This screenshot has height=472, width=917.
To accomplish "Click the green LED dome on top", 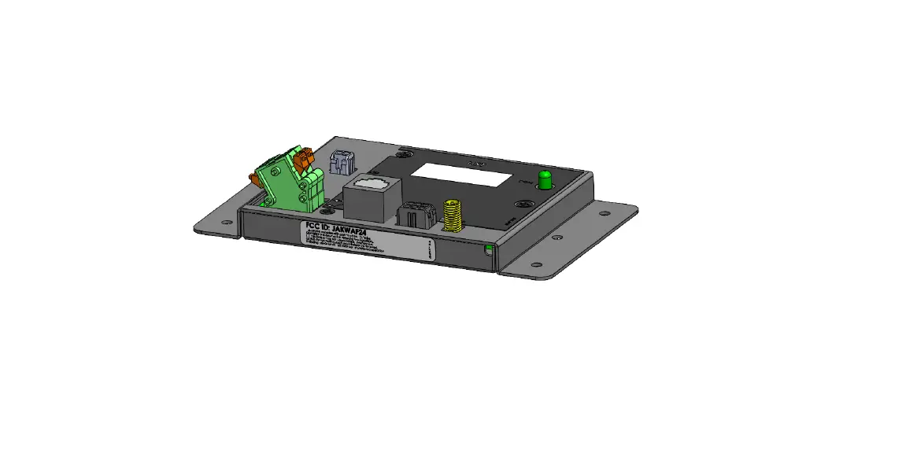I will (x=543, y=179).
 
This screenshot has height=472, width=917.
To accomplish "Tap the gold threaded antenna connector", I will (x=452, y=215).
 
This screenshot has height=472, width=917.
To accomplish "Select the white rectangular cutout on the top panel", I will (x=461, y=175).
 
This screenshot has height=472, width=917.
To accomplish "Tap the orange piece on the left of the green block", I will (x=257, y=180).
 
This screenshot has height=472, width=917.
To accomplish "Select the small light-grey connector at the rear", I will (x=343, y=162).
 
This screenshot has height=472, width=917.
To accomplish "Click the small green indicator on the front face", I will (x=489, y=250).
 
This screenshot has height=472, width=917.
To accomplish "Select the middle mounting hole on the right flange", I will (x=558, y=236).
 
